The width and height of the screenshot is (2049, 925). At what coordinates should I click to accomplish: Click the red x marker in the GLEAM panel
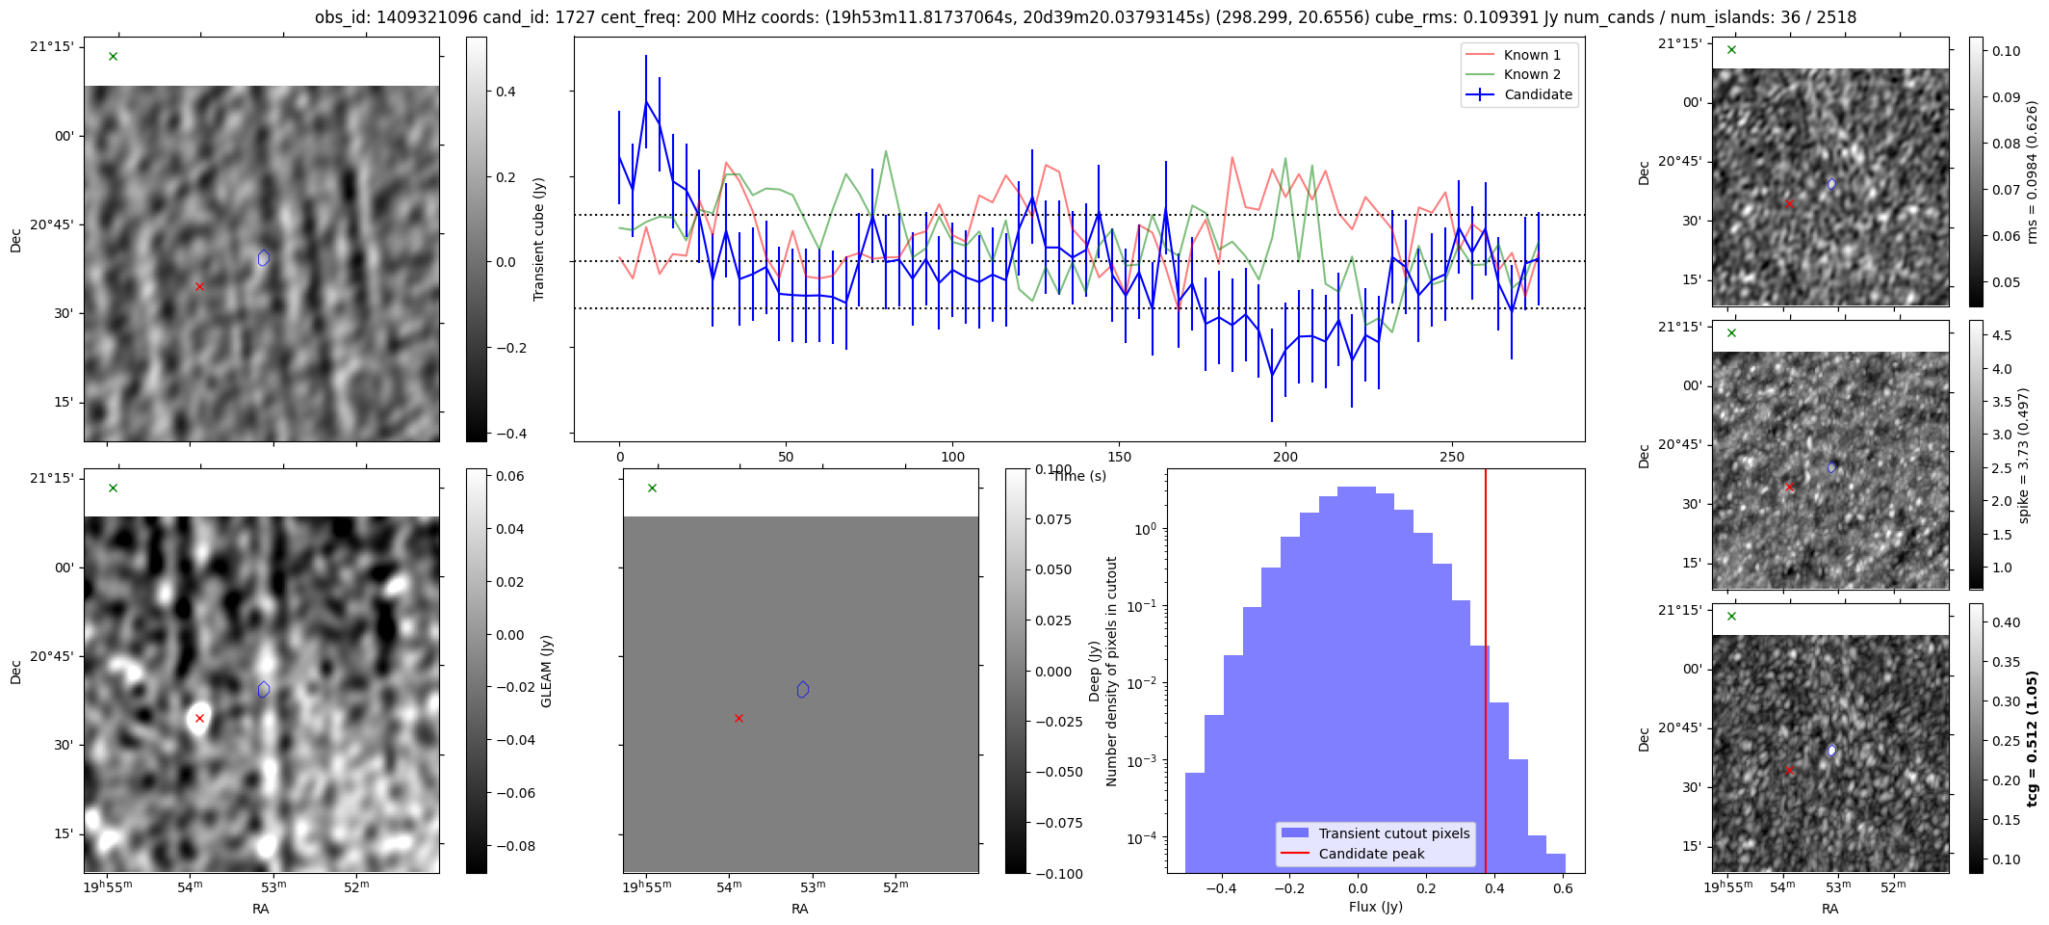199,719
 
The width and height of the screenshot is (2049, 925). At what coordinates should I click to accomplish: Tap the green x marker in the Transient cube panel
113,57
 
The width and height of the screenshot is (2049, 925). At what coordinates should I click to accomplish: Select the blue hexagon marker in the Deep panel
803,689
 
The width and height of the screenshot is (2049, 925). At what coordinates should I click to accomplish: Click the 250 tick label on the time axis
1451,457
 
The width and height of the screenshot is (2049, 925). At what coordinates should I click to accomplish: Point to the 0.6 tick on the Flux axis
1563,888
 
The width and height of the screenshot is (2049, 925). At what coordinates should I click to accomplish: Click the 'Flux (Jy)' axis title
1375,907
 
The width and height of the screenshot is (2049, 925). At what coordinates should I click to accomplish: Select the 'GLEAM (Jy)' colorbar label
547,671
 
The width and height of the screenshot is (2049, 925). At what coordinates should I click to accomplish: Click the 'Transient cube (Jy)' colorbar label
539,239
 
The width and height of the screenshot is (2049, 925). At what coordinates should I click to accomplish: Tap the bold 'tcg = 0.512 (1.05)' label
2032,739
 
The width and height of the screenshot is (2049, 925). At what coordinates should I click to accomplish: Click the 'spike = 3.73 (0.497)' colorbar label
2023,456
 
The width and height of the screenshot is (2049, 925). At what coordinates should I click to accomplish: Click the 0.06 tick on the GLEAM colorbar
509,476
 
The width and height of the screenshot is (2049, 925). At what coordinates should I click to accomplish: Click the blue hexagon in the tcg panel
1831,751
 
